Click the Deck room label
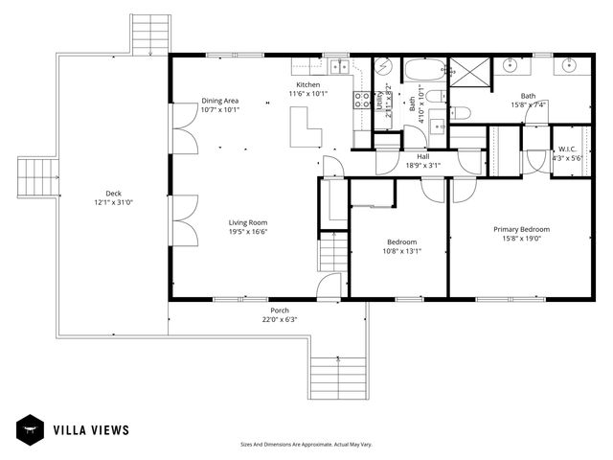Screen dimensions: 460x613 click(113, 192)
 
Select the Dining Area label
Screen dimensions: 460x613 click(219, 101)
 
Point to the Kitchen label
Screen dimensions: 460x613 click(308, 84)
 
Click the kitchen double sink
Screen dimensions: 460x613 click(339, 66)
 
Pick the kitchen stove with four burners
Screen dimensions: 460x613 click(363, 101)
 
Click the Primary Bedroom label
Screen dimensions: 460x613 click(521, 229)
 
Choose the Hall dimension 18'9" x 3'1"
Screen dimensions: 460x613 click(422, 166)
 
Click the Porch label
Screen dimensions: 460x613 click(280, 310)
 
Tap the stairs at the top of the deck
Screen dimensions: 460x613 click(149, 35)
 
